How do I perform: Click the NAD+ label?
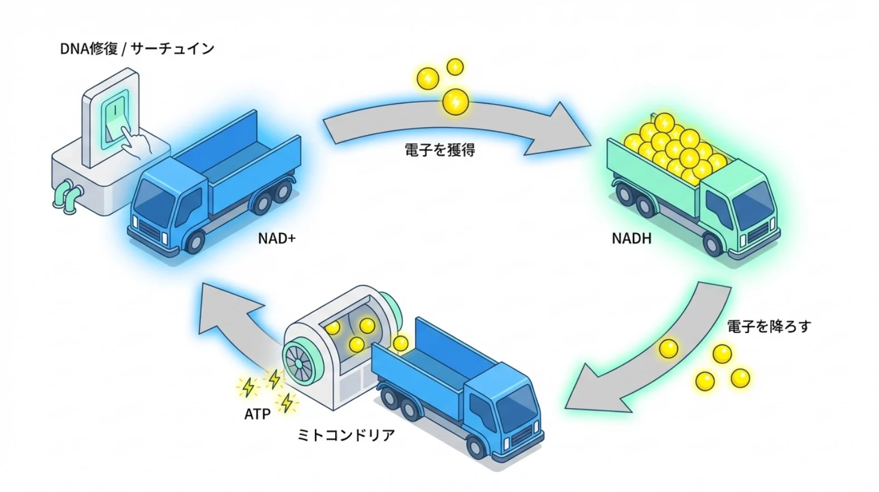pos(277,239)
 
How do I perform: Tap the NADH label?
pos(631,239)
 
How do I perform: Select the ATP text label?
pos(257,414)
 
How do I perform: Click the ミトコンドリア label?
pos(346,435)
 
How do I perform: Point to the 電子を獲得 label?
pos(440,150)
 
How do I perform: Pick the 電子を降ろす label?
pos(769,326)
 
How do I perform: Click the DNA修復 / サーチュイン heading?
pos(137,49)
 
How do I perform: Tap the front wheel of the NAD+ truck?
pos(195,243)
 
